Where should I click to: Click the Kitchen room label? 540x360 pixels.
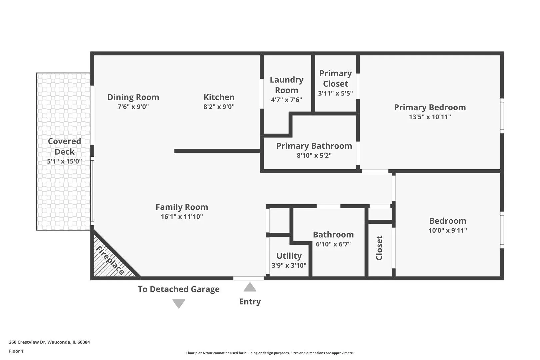219,97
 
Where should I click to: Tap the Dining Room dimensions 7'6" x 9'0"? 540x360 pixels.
133,107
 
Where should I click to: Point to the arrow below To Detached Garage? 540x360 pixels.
179,304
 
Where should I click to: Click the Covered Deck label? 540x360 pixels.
64,146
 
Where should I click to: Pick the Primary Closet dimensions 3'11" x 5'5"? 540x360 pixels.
335,93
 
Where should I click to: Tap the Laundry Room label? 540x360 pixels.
286,85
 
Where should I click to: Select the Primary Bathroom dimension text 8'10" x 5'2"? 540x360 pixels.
314,155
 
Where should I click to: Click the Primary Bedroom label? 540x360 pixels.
430,107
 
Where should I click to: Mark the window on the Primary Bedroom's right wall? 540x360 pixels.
502,116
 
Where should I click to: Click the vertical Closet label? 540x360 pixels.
379,248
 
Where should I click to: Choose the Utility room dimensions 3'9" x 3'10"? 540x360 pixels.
289,265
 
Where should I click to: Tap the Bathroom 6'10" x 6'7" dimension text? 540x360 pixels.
333,244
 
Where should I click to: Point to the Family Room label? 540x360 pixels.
182,207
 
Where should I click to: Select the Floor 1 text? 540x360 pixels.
16,351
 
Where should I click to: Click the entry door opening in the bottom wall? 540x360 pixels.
248,278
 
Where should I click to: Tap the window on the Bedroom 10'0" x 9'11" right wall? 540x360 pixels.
502,230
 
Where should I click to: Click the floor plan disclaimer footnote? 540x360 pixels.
270,353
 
